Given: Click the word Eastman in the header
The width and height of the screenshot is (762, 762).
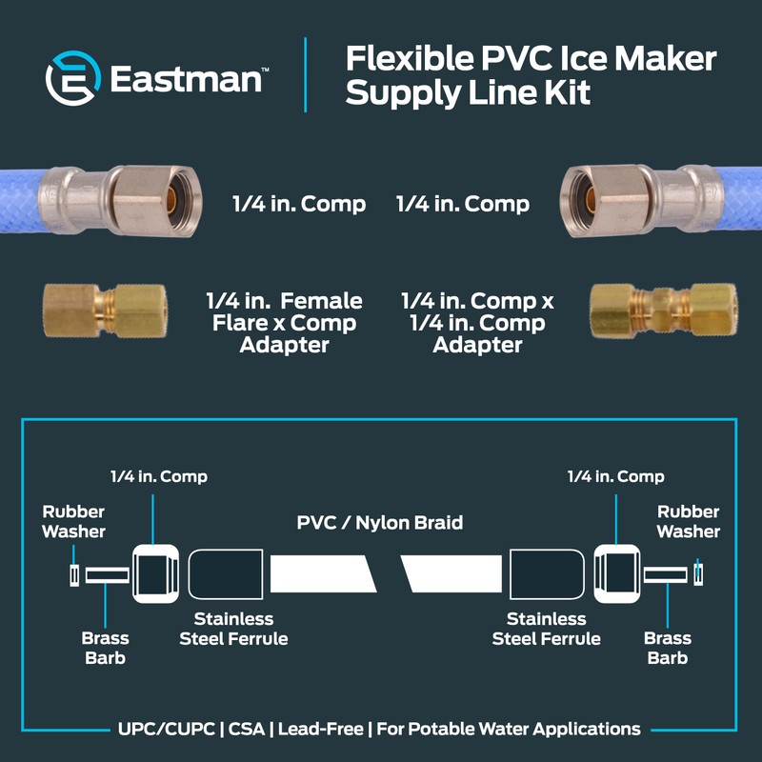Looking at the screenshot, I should coord(186,79).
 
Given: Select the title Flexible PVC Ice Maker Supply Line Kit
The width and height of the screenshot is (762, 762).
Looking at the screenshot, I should coord(531,76).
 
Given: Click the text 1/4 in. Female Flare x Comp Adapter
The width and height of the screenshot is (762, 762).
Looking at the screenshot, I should coord(284,323).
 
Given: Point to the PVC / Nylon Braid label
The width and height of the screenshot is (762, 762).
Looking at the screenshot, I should coord(380,522).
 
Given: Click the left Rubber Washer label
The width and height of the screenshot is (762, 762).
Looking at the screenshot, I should coord(73,521).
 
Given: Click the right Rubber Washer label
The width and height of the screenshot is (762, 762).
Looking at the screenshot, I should coord(688,521).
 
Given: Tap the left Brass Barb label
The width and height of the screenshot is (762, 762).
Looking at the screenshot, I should coord(105,648).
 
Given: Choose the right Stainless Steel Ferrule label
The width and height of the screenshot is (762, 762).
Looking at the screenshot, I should coord(546,629).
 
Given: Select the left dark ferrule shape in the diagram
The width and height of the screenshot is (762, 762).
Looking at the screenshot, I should coord(226,574).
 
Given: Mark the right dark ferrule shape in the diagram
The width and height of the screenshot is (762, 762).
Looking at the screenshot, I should coord(544,574).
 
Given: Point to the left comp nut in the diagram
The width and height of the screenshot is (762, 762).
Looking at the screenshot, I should coord(153,574).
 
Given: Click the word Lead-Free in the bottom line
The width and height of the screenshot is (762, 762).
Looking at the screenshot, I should coord(329,730).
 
